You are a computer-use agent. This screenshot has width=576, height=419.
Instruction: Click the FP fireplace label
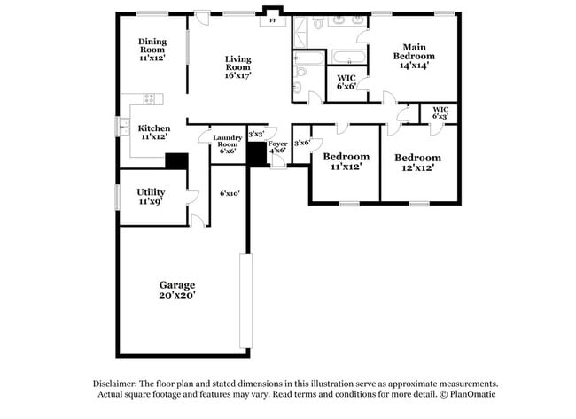tap(272, 19)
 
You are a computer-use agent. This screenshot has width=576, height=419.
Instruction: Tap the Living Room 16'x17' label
tap(237, 67)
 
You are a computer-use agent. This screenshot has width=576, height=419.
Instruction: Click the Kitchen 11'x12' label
tap(154, 133)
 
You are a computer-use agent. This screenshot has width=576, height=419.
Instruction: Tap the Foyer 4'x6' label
tap(277, 146)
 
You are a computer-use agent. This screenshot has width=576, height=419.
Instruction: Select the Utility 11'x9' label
tap(150, 197)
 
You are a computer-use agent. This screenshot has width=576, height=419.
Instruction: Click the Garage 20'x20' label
tap(177, 290)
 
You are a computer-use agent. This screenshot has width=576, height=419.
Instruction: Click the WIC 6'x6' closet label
tap(346, 81)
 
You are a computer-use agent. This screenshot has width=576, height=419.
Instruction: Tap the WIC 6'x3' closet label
tap(440, 113)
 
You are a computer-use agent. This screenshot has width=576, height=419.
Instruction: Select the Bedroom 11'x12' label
tap(346, 161)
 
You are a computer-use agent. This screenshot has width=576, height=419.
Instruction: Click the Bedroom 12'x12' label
tap(417, 162)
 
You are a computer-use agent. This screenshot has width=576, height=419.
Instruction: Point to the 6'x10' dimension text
tap(230, 193)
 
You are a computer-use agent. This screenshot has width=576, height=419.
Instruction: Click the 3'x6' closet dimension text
tap(301, 143)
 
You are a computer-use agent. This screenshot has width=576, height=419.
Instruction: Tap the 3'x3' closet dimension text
tap(256, 133)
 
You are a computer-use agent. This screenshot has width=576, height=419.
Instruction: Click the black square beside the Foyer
tap(258, 154)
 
